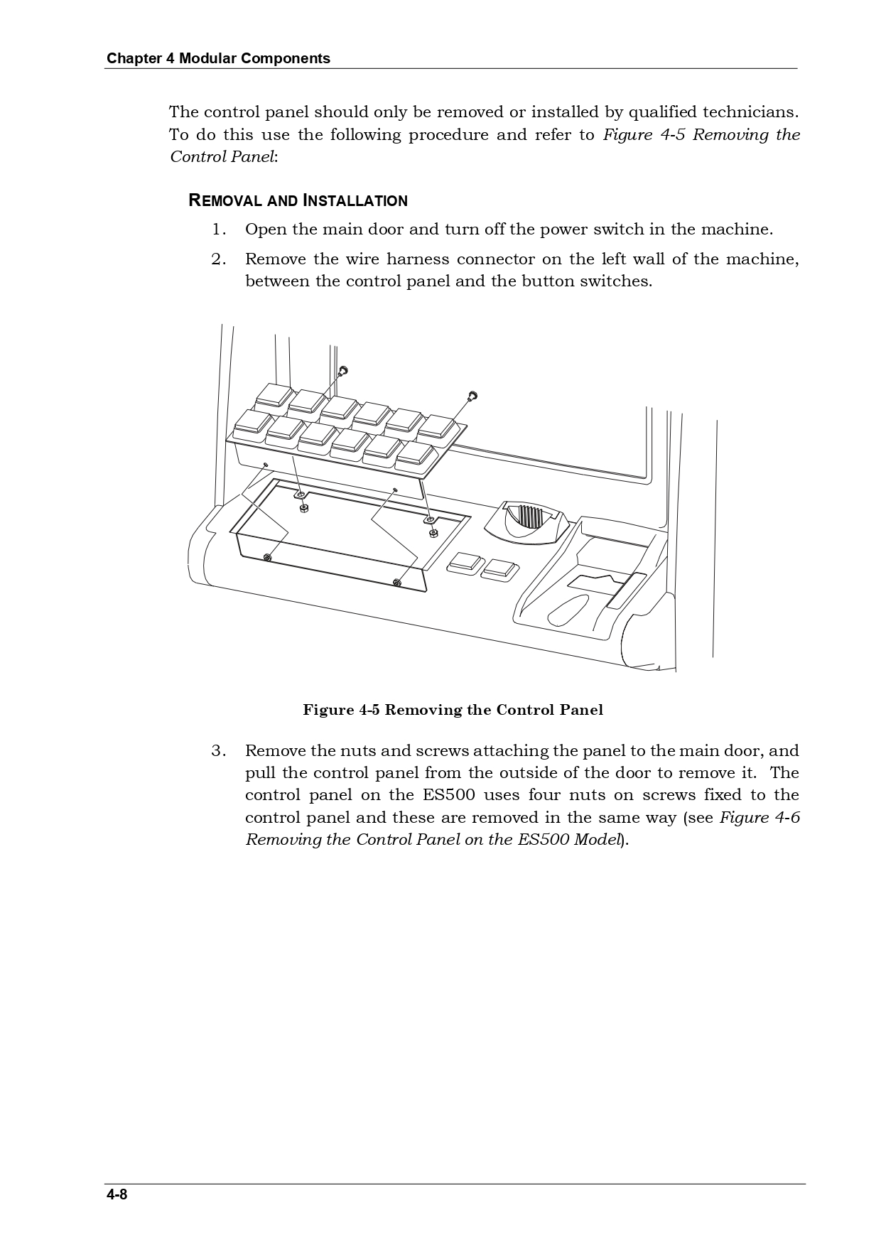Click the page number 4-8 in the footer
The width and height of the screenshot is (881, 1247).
(117, 1194)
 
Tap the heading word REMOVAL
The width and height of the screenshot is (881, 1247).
(225, 201)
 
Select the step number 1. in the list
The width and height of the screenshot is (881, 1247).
(219, 230)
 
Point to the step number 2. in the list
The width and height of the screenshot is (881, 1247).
(219, 259)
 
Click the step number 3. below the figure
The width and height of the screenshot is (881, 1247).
(219, 751)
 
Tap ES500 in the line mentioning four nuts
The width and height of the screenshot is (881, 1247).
(449, 795)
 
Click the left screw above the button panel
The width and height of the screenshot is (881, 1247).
(344, 370)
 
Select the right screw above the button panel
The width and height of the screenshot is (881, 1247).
(473, 395)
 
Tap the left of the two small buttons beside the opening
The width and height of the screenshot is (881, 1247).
(466, 563)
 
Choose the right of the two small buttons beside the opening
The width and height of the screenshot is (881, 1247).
(500, 568)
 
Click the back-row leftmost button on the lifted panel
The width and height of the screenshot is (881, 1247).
(274, 394)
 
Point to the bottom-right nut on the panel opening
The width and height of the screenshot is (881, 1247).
(396, 583)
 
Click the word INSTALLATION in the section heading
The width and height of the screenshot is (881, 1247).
(355, 201)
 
